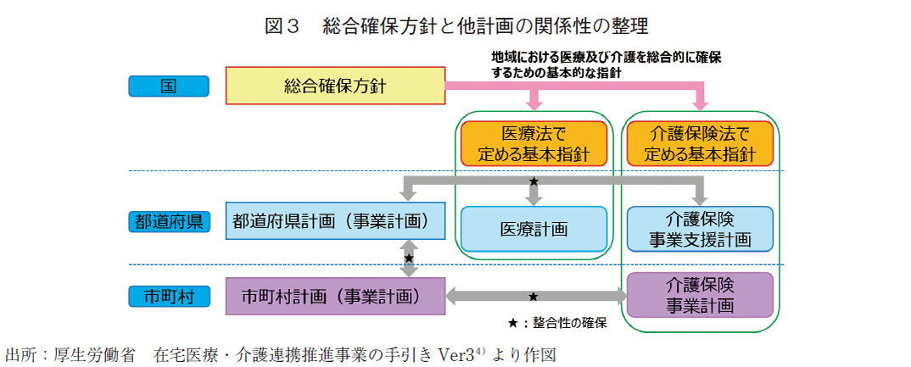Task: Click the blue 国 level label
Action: pos(168,86)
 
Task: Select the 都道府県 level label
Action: pos(168,222)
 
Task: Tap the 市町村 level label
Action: pos(168,297)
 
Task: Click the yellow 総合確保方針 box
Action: pos(335,86)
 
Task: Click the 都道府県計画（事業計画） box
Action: pos(336,221)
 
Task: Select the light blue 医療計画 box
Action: pos(534,229)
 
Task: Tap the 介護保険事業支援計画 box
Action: pos(700,229)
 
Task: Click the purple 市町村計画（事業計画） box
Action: pos(336,297)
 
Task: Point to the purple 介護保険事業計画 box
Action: pos(700,295)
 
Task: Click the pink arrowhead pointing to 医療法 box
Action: pos(534,104)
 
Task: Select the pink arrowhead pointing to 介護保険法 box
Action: pos(701,104)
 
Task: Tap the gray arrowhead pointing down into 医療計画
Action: pos(534,200)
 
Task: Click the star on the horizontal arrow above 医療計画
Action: pos(534,181)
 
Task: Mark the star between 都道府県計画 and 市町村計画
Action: pos(409,258)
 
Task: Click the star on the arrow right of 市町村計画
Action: pos(534,297)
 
